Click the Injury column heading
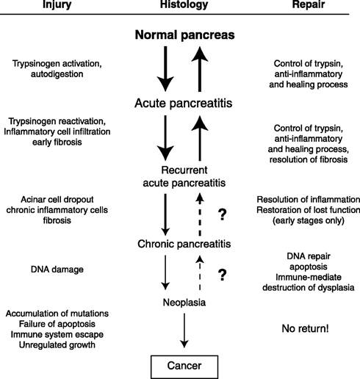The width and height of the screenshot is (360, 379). [x=57, y=4]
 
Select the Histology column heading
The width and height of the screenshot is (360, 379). [x=184, y=4]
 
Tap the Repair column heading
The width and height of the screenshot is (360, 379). [x=309, y=4]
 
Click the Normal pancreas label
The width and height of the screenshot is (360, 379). [x=184, y=35]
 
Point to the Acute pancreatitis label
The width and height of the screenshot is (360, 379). [x=184, y=103]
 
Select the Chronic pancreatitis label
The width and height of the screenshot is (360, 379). [x=184, y=244]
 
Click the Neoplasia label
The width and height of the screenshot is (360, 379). [x=184, y=303]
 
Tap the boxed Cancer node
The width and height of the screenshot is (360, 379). [x=184, y=367]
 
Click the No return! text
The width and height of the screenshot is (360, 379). [x=305, y=328]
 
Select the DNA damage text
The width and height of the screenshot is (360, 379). [x=57, y=270]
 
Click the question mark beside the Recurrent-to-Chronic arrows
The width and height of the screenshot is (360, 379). [x=222, y=214]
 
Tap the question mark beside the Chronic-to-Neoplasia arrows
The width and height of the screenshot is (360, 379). [x=222, y=275]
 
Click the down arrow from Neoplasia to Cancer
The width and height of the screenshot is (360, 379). [x=184, y=331]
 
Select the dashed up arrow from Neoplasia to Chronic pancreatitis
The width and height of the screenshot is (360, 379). [x=200, y=273]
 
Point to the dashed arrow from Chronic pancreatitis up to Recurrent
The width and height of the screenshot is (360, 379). [x=200, y=214]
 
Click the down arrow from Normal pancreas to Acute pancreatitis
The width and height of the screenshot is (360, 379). [x=165, y=69]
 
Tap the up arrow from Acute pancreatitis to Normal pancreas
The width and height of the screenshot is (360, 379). [x=200, y=69]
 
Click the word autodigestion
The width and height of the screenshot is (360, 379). [x=57, y=74]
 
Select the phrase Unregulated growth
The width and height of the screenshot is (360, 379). [x=57, y=344]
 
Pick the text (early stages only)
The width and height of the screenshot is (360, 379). [x=309, y=220]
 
